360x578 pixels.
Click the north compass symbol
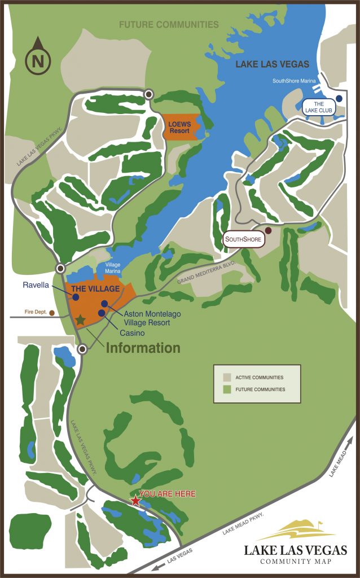[x=38, y=57]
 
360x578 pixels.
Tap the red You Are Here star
[x=135, y=500]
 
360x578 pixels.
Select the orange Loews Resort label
[x=180, y=127]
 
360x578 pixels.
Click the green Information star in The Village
[x=80, y=320]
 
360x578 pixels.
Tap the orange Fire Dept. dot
[x=52, y=312]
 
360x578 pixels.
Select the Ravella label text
[x=37, y=285]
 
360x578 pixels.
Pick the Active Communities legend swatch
[x=227, y=377]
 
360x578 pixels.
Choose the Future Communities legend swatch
[x=227, y=389]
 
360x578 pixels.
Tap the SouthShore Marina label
[x=294, y=81]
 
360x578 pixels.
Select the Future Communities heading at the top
[x=168, y=24]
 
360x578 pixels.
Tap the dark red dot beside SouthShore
[x=268, y=230]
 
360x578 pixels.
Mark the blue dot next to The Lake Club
[x=339, y=98]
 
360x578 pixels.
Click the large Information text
[x=143, y=348]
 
